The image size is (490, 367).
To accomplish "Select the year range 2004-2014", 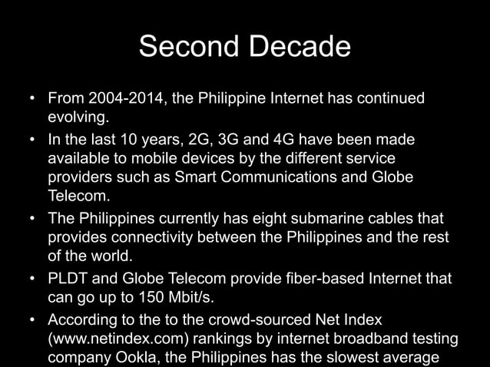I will pyautogui.click(x=123, y=99).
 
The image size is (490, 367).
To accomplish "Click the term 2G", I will pyautogui.click(x=198, y=140).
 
